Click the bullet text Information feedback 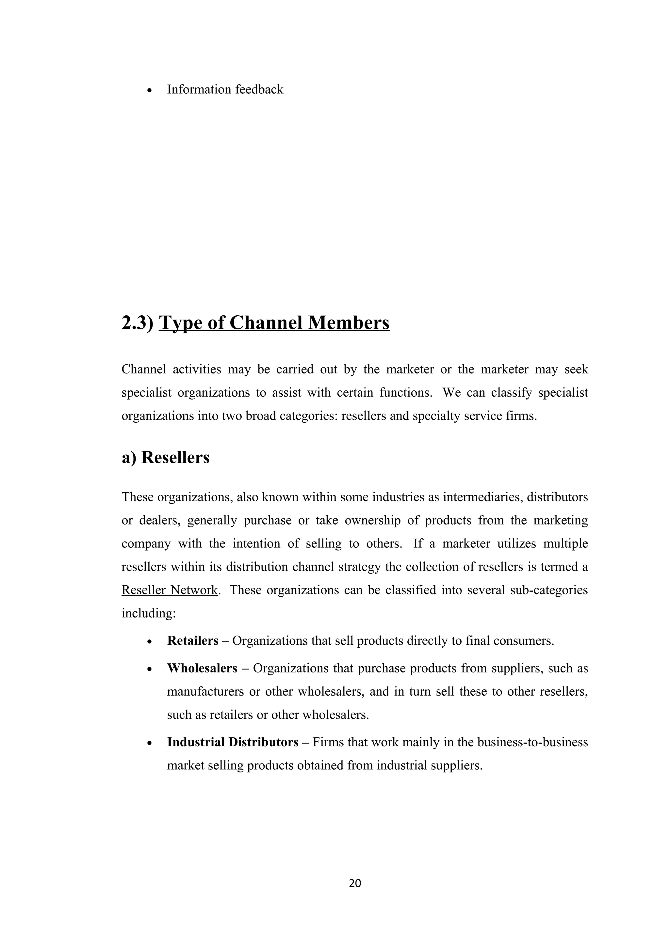pos(225,89)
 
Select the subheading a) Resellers pos(165,457)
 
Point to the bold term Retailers pos(192,641)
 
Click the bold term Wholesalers pos(202,668)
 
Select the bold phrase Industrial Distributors pos(233,742)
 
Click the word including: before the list pos(148,613)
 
